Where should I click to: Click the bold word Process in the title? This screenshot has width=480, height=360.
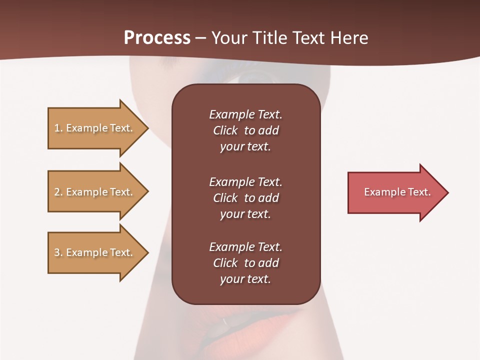[157, 38]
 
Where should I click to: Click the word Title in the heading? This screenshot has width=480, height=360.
[269, 38]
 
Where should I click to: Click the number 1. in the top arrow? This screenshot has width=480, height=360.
[58, 128]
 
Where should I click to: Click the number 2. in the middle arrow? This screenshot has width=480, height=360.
[58, 192]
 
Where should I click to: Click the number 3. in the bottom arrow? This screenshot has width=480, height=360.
[58, 252]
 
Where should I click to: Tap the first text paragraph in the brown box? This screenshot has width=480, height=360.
[245, 130]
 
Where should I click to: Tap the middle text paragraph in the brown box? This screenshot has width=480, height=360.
[245, 198]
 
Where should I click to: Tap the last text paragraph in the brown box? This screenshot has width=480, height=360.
[245, 263]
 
